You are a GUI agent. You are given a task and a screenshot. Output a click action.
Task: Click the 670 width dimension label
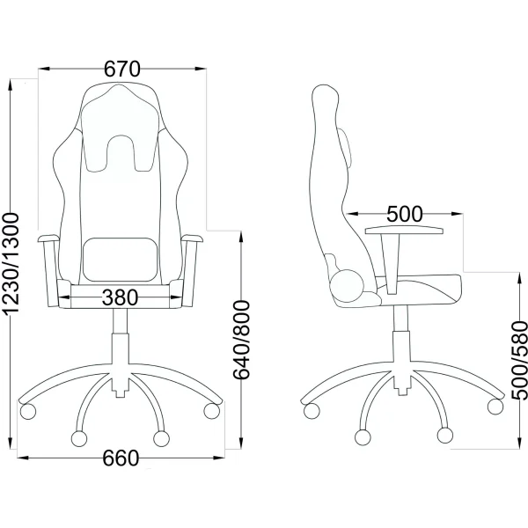[x=121, y=69]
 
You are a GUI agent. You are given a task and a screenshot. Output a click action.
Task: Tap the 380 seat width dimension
[x=120, y=297]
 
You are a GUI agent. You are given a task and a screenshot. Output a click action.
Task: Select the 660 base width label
[x=121, y=458]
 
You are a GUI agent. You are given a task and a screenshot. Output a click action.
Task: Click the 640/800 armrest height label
[x=242, y=340]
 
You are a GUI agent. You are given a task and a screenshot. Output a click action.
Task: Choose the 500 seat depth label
[x=404, y=214]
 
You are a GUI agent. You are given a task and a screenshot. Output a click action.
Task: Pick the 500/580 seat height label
[x=519, y=361]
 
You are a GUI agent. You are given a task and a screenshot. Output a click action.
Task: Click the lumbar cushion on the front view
[x=121, y=260]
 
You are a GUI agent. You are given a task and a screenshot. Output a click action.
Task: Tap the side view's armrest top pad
[x=404, y=231]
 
